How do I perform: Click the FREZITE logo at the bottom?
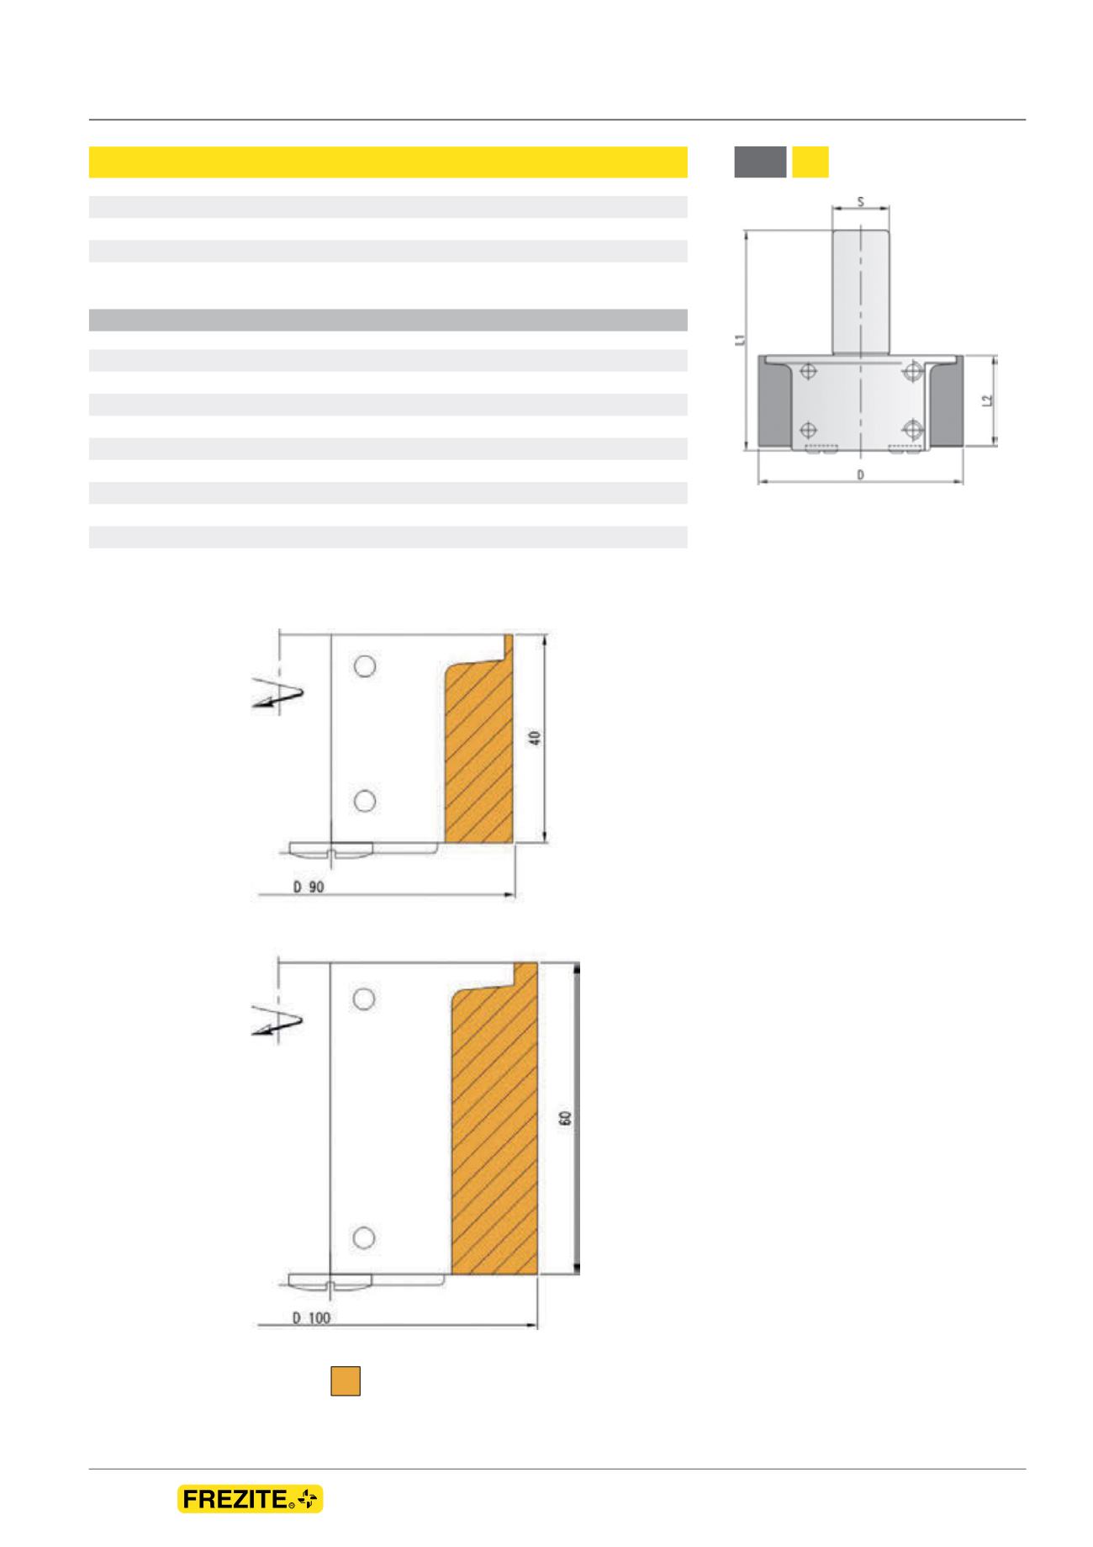pyautogui.click(x=250, y=1499)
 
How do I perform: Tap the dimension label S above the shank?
pyautogui.click(x=859, y=202)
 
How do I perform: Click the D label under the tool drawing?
pyautogui.click(x=860, y=475)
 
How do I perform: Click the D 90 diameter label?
pyautogui.click(x=309, y=889)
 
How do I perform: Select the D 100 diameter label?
pyautogui.click(x=312, y=1318)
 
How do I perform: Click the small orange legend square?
pyautogui.click(x=346, y=1381)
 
